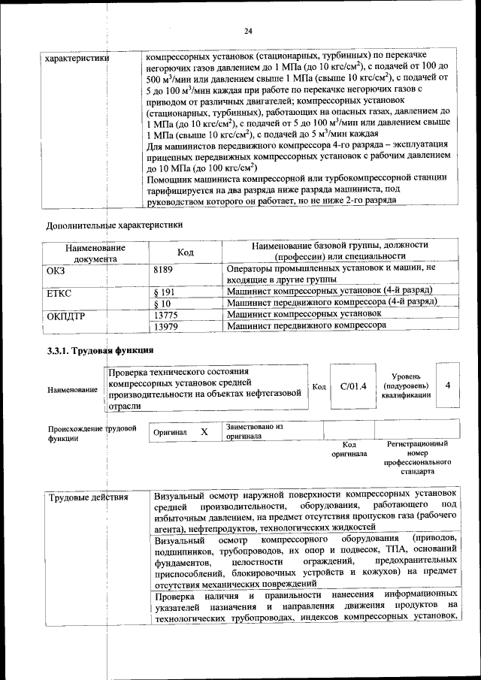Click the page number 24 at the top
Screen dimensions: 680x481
[x=248, y=31]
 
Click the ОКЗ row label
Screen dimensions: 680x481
[x=56, y=268]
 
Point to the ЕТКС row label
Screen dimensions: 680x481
[x=59, y=291]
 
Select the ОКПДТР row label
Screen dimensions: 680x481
[x=67, y=316]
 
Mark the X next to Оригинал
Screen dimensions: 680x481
[x=204, y=433]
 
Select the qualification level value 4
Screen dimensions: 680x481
[x=448, y=385]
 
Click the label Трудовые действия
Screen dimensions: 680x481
[x=88, y=497]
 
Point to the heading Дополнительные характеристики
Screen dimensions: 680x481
[x=114, y=225]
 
